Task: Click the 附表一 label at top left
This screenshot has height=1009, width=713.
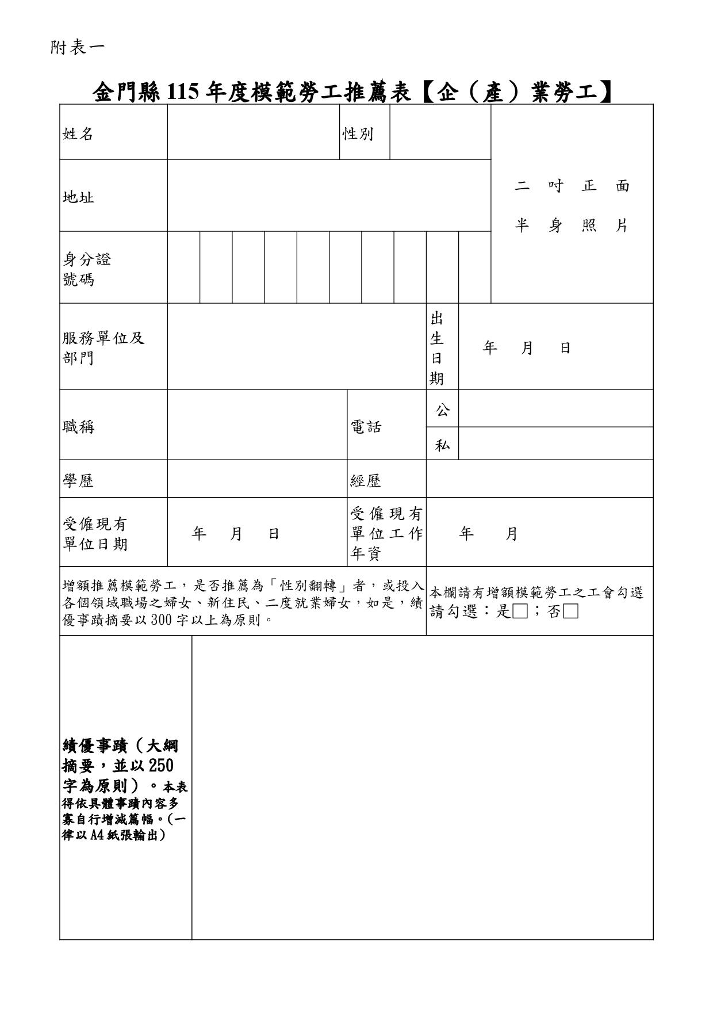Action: coord(78,48)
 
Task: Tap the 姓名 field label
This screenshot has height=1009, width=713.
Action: coord(78,134)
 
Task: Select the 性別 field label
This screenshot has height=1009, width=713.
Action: coord(358,134)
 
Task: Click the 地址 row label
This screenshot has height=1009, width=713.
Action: coord(78,197)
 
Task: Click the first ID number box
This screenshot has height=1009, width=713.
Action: coord(183,267)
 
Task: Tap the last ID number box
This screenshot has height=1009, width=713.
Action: coord(474,267)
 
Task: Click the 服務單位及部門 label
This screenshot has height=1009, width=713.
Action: coord(103,348)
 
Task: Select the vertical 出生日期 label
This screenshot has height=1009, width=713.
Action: coord(437,348)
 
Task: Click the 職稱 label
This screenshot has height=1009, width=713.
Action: coord(78,427)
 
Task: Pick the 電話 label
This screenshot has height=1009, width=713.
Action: coord(366,427)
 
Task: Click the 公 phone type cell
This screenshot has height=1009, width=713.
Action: coord(442,410)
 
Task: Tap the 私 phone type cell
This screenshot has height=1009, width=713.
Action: coord(442,445)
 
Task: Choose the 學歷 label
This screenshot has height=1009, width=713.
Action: coord(78,480)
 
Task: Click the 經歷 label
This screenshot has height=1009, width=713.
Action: coord(366,480)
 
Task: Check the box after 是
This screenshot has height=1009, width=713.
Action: coord(519,611)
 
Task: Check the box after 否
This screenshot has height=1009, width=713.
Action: coord(570,611)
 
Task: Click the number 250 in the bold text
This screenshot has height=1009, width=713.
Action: coord(161,766)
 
